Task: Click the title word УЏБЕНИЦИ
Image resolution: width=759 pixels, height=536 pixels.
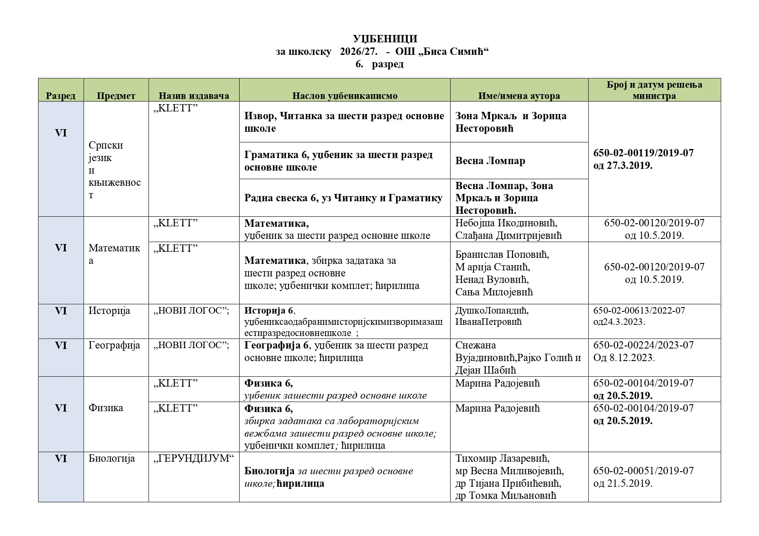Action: click(x=384, y=39)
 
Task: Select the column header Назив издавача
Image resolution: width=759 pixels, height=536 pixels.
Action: click(x=193, y=96)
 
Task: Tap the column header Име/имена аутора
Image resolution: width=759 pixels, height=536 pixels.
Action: click(x=519, y=96)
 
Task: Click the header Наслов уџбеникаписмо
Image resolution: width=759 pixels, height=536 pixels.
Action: click(x=344, y=96)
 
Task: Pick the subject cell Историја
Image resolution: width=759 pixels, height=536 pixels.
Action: click(x=109, y=311)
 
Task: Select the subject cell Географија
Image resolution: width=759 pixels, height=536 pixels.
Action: click(x=114, y=346)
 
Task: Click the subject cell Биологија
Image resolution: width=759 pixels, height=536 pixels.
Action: click(x=112, y=458)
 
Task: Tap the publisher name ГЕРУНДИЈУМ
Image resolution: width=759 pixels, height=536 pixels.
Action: click(x=193, y=458)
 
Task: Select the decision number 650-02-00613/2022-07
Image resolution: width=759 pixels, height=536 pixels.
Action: click(x=639, y=311)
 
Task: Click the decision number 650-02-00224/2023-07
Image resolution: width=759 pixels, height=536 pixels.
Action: click(x=643, y=345)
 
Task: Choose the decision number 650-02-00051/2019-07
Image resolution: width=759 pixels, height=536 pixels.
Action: click(x=643, y=471)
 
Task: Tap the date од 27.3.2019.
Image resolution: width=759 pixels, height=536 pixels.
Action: click(x=622, y=165)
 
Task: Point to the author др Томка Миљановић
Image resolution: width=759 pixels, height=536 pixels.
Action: click(x=505, y=495)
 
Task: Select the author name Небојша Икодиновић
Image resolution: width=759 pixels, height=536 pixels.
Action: click(x=506, y=223)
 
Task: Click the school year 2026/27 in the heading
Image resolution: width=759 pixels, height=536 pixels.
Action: click(x=358, y=52)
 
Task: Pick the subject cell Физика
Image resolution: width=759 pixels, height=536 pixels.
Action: click(x=106, y=408)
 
